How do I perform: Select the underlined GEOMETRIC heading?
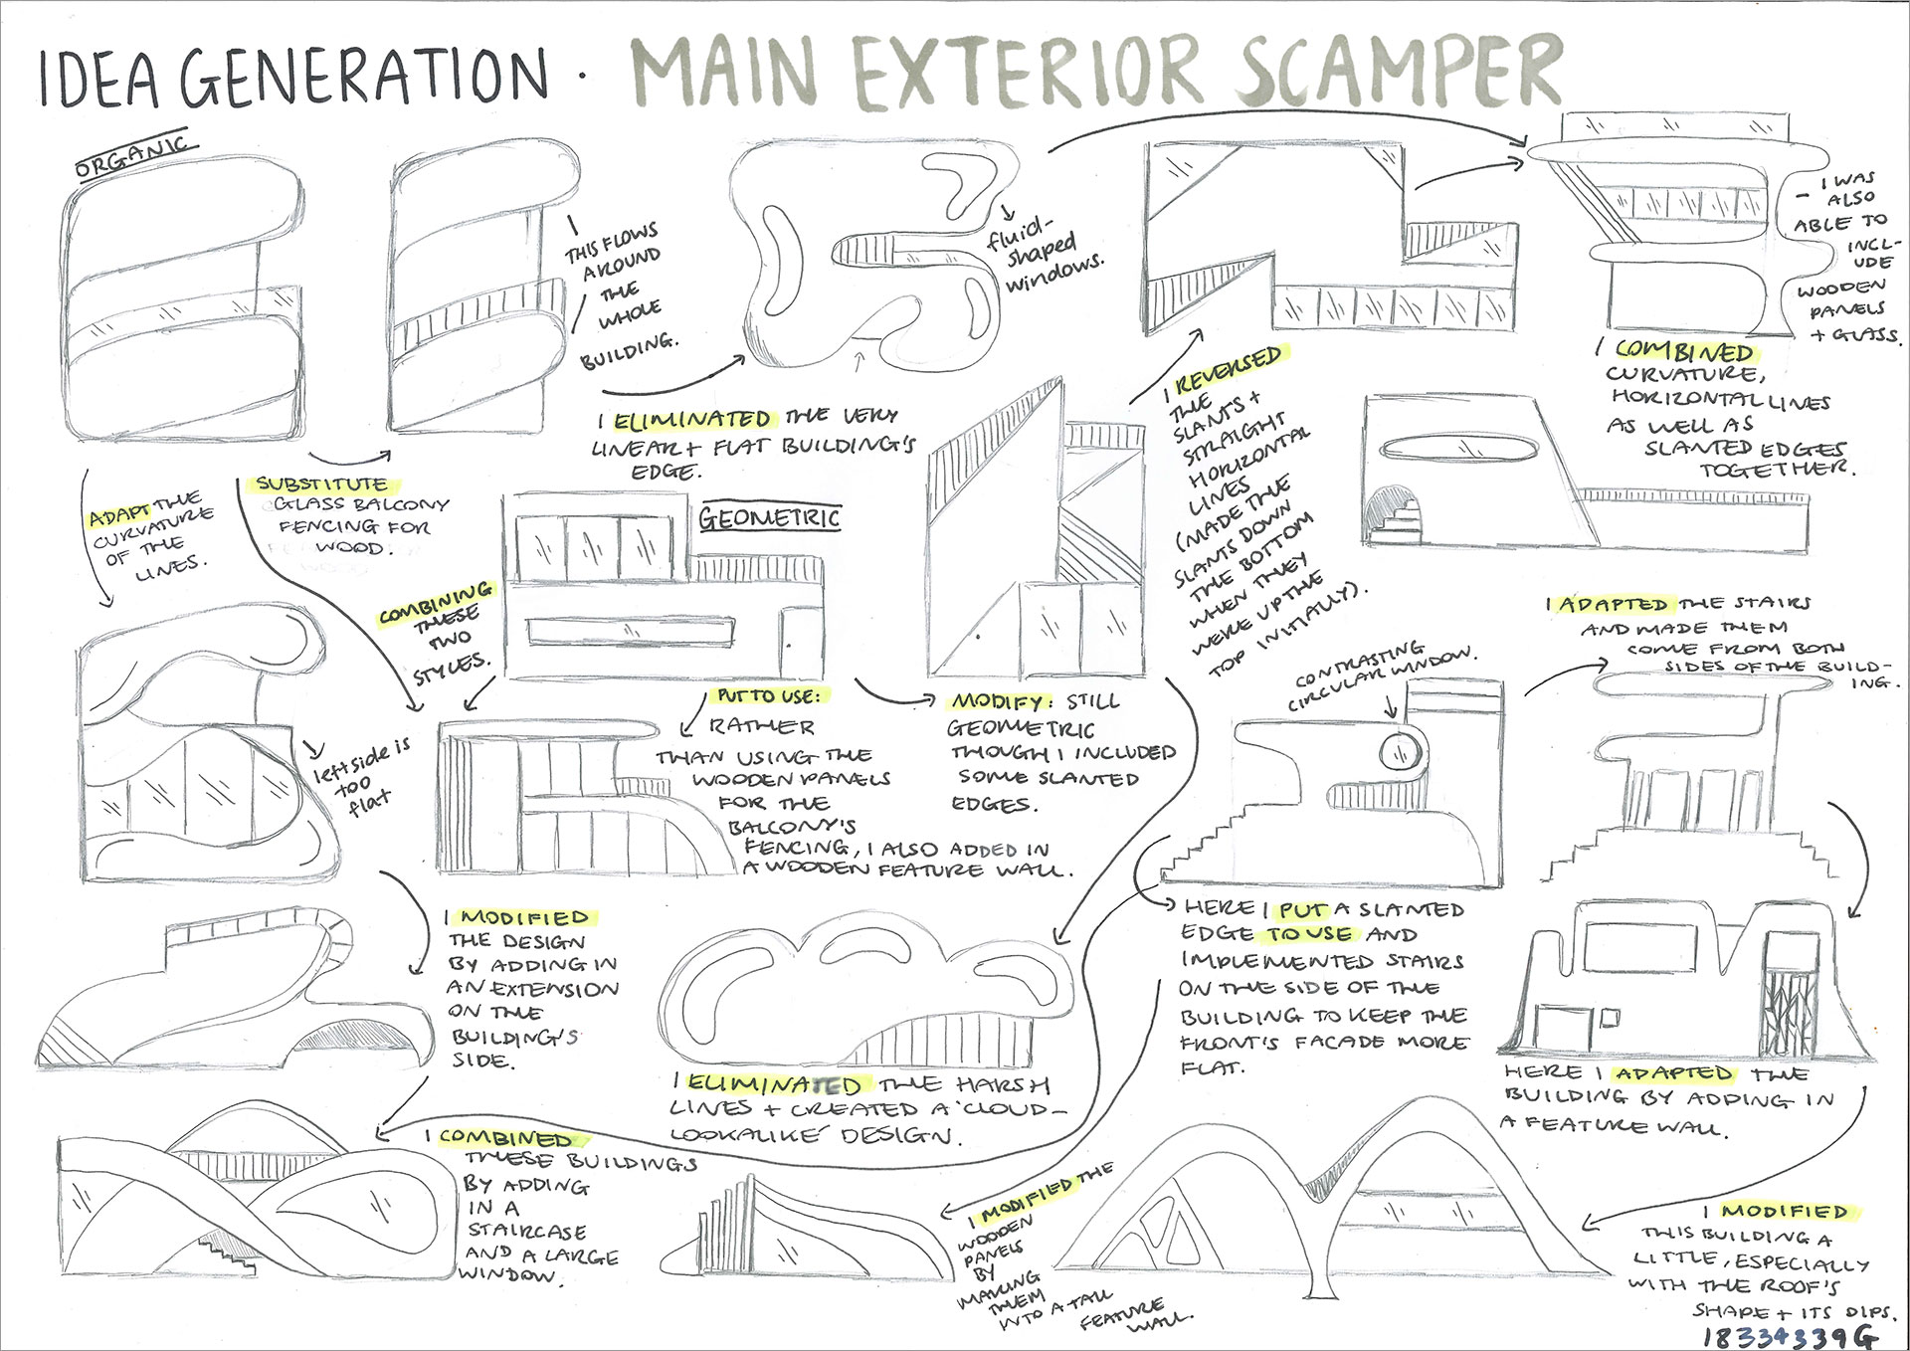pyautogui.click(x=768, y=518)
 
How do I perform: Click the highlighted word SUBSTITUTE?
pyautogui.click(x=321, y=484)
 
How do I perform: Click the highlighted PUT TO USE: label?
pyautogui.click(x=769, y=696)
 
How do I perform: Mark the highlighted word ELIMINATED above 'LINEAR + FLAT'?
pyautogui.click(x=691, y=420)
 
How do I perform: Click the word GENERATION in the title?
pyautogui.click(x=364, y=76)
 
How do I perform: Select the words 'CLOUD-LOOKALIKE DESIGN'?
pyautogui.click(x=865, y=1122)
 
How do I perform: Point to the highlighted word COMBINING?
pyautogui.click(x=435, y=602)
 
